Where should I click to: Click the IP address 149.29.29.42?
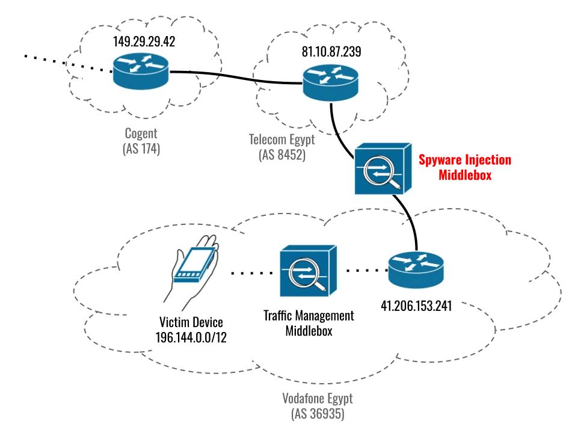[x=144, y=41]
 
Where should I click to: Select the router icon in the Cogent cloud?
[x=141, y=71]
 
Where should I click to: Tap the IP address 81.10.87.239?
[x=331, y=52]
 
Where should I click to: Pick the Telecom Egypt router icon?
[x=331, y=83]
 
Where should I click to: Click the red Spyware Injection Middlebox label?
[x=465, y=167]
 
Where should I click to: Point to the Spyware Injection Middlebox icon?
[x=383, y=168]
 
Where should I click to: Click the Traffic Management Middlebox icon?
[x=309, y=271]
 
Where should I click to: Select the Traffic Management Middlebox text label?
[x=309, y=323]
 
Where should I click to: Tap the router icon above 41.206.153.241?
[x=416, y=270]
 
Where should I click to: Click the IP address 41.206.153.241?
[x=416, y=306]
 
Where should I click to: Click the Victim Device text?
[x=191, y=322]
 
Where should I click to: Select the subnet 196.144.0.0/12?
[x=191, y=337]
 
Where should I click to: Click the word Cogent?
[x=141, y=133]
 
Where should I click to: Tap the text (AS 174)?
[x=141, y=149]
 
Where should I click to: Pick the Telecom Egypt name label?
[x=282, y=140]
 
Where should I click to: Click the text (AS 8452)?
[x=282, y=155]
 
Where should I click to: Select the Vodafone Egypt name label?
[x=318, y=398]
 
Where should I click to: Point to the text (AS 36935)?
[x=318, y=413]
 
